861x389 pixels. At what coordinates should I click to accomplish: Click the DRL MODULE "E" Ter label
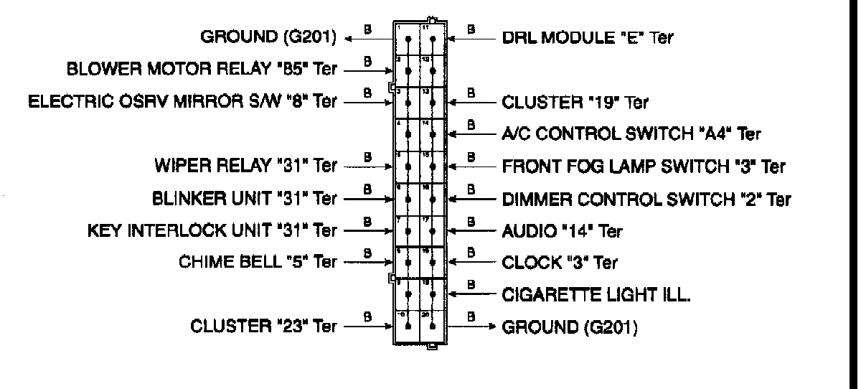coord(588,38)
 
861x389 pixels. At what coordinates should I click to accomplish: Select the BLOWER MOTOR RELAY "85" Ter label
coord(202,70)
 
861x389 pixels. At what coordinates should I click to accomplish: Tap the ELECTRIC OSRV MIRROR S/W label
coord(182,101)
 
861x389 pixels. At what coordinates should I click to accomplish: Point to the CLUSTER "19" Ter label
coord(575,102)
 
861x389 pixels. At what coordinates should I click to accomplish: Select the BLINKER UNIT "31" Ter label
coord(245,198)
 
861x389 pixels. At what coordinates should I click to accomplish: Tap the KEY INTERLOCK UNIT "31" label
coord(212,230)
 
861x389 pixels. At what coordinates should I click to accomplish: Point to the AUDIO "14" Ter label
coord(562,231)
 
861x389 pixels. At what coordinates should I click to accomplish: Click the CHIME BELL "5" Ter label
coord(258,262)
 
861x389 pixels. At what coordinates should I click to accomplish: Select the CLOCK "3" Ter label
coord(560,263)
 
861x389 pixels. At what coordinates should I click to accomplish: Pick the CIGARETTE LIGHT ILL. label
coord(596,294)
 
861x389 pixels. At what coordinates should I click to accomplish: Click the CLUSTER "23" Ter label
coord(263,326)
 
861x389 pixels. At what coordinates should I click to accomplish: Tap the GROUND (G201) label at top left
coord(268,38)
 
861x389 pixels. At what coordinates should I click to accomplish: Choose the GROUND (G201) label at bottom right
coord(570,327)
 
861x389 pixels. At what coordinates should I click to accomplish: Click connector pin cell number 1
coord(407,37)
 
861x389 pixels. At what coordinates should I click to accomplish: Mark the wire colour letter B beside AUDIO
coord(471,221)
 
